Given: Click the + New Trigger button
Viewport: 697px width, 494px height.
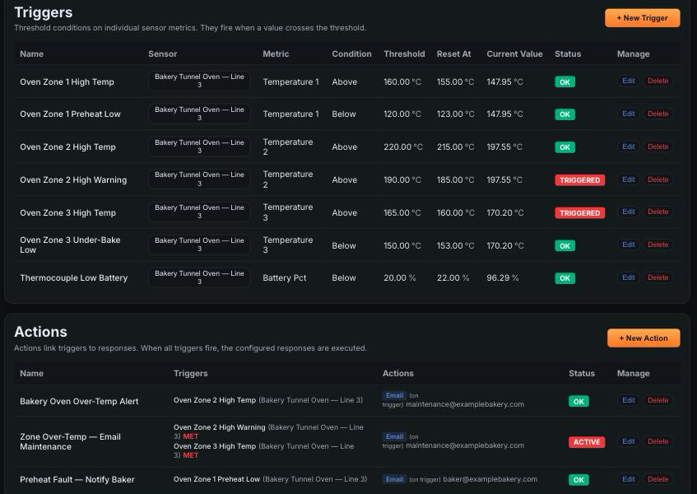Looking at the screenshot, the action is [x=643, y=18].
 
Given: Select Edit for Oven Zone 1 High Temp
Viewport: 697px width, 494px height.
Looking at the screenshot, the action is [x=628, y=81].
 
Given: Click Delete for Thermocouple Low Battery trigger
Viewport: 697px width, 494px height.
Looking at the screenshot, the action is [x=658, y=277].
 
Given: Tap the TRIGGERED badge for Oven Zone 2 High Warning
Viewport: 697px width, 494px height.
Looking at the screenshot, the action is [x=579, y=180].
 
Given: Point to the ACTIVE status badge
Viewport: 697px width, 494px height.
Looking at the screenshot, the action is [x=587, y=442].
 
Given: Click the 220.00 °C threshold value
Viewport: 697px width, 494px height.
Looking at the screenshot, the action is [x=403, y=147].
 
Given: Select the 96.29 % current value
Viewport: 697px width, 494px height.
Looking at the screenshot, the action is [x=503, y=278].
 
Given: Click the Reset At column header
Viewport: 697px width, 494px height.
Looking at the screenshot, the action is [x=453, y=54].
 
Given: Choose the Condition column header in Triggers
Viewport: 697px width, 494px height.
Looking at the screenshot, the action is [x=351, y=54].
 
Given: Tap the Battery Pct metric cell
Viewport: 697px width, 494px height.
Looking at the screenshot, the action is [x=285, y=278].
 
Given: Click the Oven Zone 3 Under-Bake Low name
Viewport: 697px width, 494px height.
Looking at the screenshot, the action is [x=70, y=245].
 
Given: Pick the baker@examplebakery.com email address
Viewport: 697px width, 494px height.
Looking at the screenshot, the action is [x=490, y=479].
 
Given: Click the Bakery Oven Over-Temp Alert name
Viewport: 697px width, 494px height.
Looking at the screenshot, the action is [x=79, y=401].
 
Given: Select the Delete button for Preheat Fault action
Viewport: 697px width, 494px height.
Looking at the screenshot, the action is [x=658, y=479].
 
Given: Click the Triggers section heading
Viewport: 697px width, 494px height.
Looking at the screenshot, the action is [x=43, y=12].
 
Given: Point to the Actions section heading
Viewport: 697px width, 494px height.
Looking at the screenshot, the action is [x=40, y=332].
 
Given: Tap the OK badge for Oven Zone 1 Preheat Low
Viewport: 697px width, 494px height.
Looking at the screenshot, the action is [x=565, y=114].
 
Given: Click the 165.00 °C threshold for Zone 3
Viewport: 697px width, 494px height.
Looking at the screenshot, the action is [x=402, y=212].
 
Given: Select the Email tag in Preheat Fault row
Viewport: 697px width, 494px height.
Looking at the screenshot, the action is [x=394, y=479].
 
